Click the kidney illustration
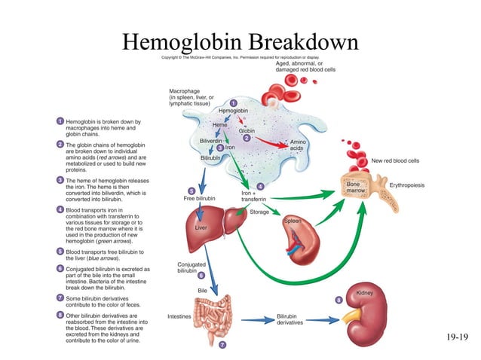371,316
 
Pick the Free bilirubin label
200,198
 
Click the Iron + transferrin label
253,196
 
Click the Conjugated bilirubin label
190,267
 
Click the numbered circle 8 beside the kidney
339,301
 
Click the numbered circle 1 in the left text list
60,121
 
